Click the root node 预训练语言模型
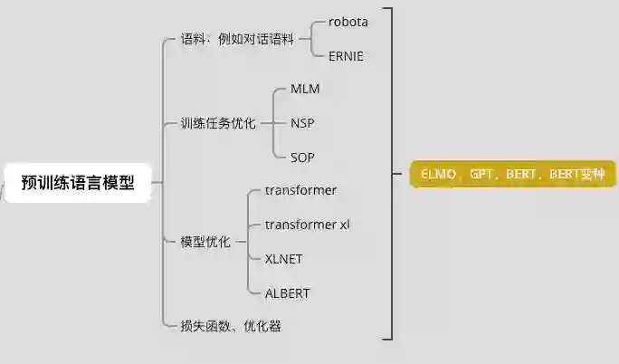[x=78, y=183]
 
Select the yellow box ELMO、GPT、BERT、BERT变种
[x=513, y=174]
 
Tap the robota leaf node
[x=348, y=22]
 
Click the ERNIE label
[x=346, y=55]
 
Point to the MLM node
[x=305, y=89]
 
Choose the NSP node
[x=303, y=123]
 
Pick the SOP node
[x=303, y=157]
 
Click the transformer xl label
[x=307, y=225]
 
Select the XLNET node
[x=283, y=259]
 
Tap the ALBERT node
[x=287, y=293]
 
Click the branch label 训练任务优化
[x=218, y=123]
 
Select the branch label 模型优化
[x=205, y=242]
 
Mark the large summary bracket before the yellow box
[x=390, y=174]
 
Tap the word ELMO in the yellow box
[x=440, y=174]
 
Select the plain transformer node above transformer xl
[x=300, y=190]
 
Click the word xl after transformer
[x=344, y=225]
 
